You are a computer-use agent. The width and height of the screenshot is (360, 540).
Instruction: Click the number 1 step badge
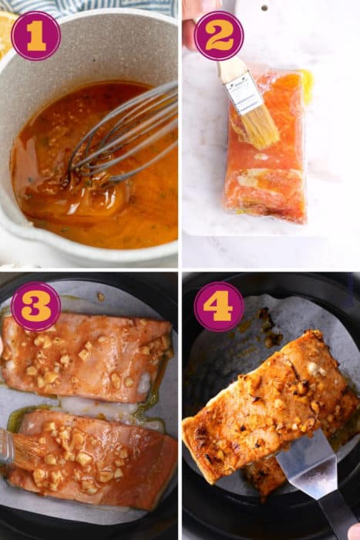(x=35, y=35)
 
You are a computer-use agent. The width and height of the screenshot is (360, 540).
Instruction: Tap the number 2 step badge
(x=219, y=35)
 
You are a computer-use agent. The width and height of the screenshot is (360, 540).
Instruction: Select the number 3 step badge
(x=35, y=306)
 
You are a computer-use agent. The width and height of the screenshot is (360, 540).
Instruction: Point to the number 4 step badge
(x=219, y=306)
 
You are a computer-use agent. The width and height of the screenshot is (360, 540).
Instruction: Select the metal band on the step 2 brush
(x=244, y=93)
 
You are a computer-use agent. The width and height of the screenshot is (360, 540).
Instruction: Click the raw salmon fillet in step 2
(x=266, y=170)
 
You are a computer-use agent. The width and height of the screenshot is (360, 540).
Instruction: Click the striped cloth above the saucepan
(x=100, y=6)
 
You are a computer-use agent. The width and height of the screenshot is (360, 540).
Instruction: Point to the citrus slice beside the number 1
(x=5, y=31)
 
